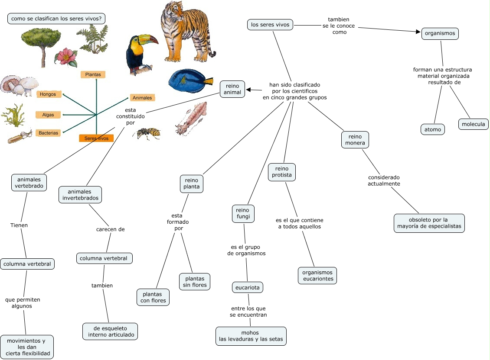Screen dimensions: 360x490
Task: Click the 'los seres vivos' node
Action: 270,25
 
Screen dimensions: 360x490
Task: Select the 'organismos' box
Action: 440,33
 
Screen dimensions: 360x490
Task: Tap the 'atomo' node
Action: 432,129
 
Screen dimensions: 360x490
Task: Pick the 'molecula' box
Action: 473,124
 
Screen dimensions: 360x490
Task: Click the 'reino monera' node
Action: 355,140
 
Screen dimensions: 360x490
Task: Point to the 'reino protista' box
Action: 281,172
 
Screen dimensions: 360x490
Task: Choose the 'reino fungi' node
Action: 243,213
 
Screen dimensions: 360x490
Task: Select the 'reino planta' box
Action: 192,183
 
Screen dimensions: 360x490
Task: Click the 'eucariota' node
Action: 247,287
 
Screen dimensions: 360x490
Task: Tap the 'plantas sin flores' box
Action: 195,282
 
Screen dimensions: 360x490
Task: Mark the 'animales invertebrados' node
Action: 80,195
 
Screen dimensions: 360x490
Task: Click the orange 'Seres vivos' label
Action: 96,138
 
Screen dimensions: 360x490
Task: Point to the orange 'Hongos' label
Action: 49,94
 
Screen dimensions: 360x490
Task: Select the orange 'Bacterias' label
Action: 49,133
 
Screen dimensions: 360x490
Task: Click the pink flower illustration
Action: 66,57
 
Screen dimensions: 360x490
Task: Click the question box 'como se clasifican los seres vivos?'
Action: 56,19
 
